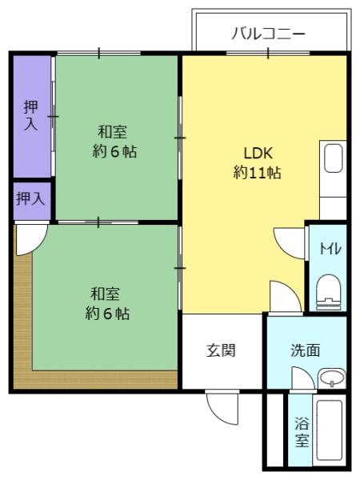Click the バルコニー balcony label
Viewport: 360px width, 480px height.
coord(269,33)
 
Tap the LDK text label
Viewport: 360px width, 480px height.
coord(258,153)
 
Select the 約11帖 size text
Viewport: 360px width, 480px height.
coord(257,172)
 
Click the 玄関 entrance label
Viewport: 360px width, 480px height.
coord(221,350)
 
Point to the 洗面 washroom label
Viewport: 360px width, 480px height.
coord(306,350)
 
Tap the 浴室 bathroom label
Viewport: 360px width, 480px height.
coord(302,432)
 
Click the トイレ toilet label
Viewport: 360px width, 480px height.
coord(330,248)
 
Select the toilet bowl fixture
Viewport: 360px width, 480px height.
coord(329,292)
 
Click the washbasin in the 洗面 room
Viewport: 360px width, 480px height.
coord(332,378)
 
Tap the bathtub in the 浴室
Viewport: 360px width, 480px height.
coord(330,432)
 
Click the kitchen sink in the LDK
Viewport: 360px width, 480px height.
coord(333,158)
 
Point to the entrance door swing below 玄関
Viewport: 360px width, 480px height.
coord(223,407)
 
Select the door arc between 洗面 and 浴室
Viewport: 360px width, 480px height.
coord(302,378)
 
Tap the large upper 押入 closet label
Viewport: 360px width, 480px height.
coord(31,116)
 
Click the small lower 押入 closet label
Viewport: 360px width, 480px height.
coord(30,198)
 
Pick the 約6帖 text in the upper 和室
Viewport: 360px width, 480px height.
coord(114,151)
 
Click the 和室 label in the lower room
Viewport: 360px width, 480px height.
coord(105,294)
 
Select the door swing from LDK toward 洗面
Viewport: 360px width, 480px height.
coord(286,296)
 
